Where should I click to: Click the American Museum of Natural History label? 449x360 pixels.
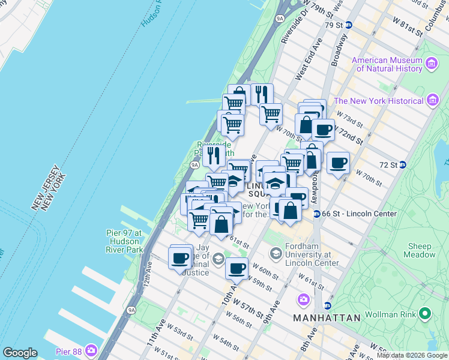click(x=387, y=64)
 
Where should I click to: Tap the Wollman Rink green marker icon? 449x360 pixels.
click(x=426, y=313)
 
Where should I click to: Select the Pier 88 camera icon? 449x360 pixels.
click(x=91, y=350)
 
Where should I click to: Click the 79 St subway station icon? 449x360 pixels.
click(x=348, y=25)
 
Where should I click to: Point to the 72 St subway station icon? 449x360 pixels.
click(x=403, y=164)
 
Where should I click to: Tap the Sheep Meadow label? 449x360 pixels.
click(x=420, y=250)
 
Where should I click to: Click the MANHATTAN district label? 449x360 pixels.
click(x=327, y=317)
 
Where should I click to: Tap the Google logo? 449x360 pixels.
click(x=20, y=353)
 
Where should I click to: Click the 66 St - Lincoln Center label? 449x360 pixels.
click(x=359, y=214)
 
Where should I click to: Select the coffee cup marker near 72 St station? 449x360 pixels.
click(x=338, y=163)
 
